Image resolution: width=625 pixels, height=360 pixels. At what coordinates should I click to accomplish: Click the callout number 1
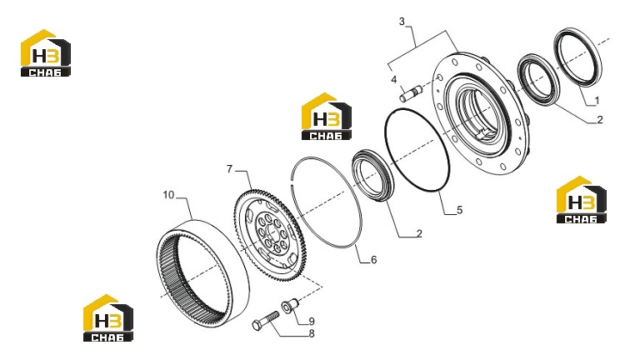(x=597, y=101)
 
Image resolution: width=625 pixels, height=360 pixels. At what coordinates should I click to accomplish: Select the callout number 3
(x=402, y=22)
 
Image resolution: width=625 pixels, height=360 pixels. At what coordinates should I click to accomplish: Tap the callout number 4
(x=394, y=80)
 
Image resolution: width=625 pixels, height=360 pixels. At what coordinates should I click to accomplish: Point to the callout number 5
(x=459, y=210)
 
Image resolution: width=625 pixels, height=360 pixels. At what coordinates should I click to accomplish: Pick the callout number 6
(x=373, y=260)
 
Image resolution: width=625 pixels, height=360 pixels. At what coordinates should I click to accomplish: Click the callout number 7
(x=229, y=169)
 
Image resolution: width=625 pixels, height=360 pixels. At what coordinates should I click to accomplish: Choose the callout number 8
(x=312, y=333)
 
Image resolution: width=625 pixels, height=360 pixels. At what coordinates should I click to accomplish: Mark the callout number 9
(x=312, y=322)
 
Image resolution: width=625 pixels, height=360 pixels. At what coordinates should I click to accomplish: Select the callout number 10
(x=168, y=195)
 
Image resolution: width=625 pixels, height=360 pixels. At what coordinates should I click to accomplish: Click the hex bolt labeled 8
(x=266, y=320)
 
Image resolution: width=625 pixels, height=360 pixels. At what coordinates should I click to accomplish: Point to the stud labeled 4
(x=410, y=94)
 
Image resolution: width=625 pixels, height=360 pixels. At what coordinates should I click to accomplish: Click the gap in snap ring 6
(x=293, y=182)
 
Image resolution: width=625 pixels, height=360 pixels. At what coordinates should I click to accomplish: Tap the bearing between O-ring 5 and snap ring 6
(x=372, y=176)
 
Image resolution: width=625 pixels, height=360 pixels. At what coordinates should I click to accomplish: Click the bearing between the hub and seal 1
(x=538, y=80)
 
